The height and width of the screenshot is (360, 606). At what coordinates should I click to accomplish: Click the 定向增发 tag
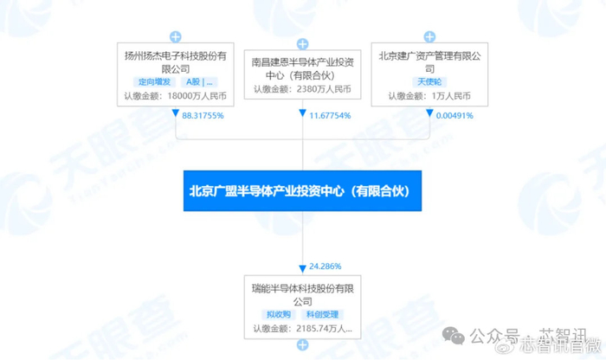pyautogui.click(x=145, y=82)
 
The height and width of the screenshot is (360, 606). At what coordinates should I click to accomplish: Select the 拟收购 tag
pyautogui.click(x=277, y=315)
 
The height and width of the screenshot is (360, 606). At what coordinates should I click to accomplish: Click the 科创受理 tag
pyautogui.click(x=323, y=315)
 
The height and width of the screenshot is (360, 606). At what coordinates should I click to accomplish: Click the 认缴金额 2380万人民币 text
pyautogui.click(x=302, y=88)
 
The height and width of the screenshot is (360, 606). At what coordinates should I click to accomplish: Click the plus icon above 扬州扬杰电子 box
pyautogui.click(x=176, y=37)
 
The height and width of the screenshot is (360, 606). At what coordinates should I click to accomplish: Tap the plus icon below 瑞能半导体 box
pyautogui.click(x=302, y=345)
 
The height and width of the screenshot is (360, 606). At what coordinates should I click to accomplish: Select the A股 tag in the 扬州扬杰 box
pyautogui.click(x=192, y=82)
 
